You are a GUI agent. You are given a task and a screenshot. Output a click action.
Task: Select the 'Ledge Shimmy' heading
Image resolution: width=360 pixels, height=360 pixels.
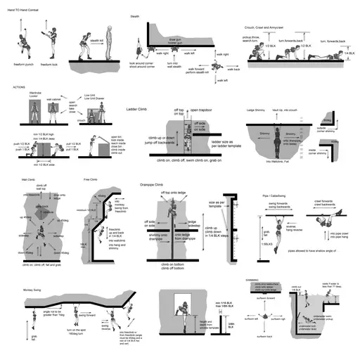click(x=256, y=111)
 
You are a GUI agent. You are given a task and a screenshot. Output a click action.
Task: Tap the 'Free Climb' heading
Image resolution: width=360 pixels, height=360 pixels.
click(x=90, y=180)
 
